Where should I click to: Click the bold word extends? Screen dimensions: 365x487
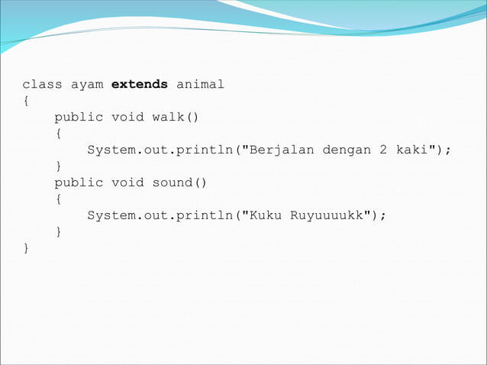140,84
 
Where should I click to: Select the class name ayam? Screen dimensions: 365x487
86,84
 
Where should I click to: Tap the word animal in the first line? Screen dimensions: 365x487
200,84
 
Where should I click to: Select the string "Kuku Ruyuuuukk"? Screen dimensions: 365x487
310,215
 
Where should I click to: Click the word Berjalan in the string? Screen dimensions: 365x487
282,150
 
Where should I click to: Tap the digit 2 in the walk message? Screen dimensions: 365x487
383,150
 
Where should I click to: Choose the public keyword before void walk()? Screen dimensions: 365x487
79,117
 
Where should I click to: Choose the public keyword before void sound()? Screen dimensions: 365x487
79,182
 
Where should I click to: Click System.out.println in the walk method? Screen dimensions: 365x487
160,150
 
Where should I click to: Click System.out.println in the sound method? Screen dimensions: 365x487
160,215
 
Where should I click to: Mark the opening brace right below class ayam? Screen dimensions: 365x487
26,101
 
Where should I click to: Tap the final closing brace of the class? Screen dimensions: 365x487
26,248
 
